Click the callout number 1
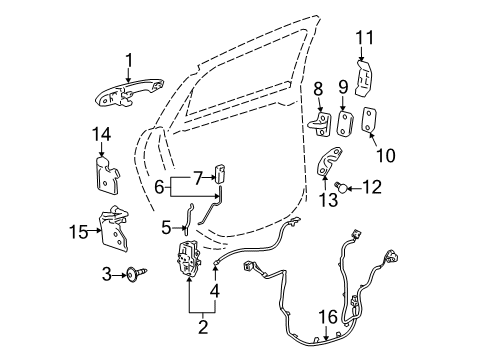[x=128, y=60]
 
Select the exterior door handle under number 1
[x=129, y=98]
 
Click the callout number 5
[x=166, y=228]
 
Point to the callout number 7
[x=199, y=177]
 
